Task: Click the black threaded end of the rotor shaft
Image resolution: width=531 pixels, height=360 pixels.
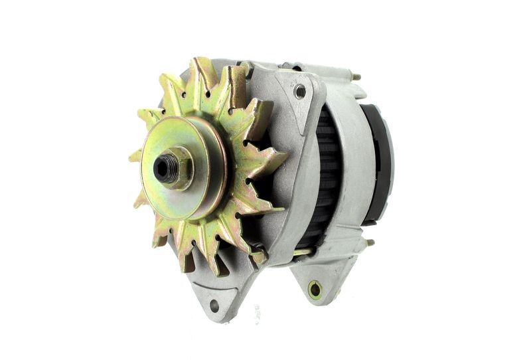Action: click(163, 169)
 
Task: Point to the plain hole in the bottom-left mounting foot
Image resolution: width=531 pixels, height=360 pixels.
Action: click(214, 305)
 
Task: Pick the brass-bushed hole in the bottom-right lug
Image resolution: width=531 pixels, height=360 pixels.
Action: click(315, 289)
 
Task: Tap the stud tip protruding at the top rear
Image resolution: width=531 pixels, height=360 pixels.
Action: click(356, 77)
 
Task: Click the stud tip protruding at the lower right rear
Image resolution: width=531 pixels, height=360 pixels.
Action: click(370, 242)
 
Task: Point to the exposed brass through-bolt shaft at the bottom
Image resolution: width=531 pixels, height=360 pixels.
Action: click(302, 252)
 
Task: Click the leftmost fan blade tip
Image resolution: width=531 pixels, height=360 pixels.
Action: click(131, 157)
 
